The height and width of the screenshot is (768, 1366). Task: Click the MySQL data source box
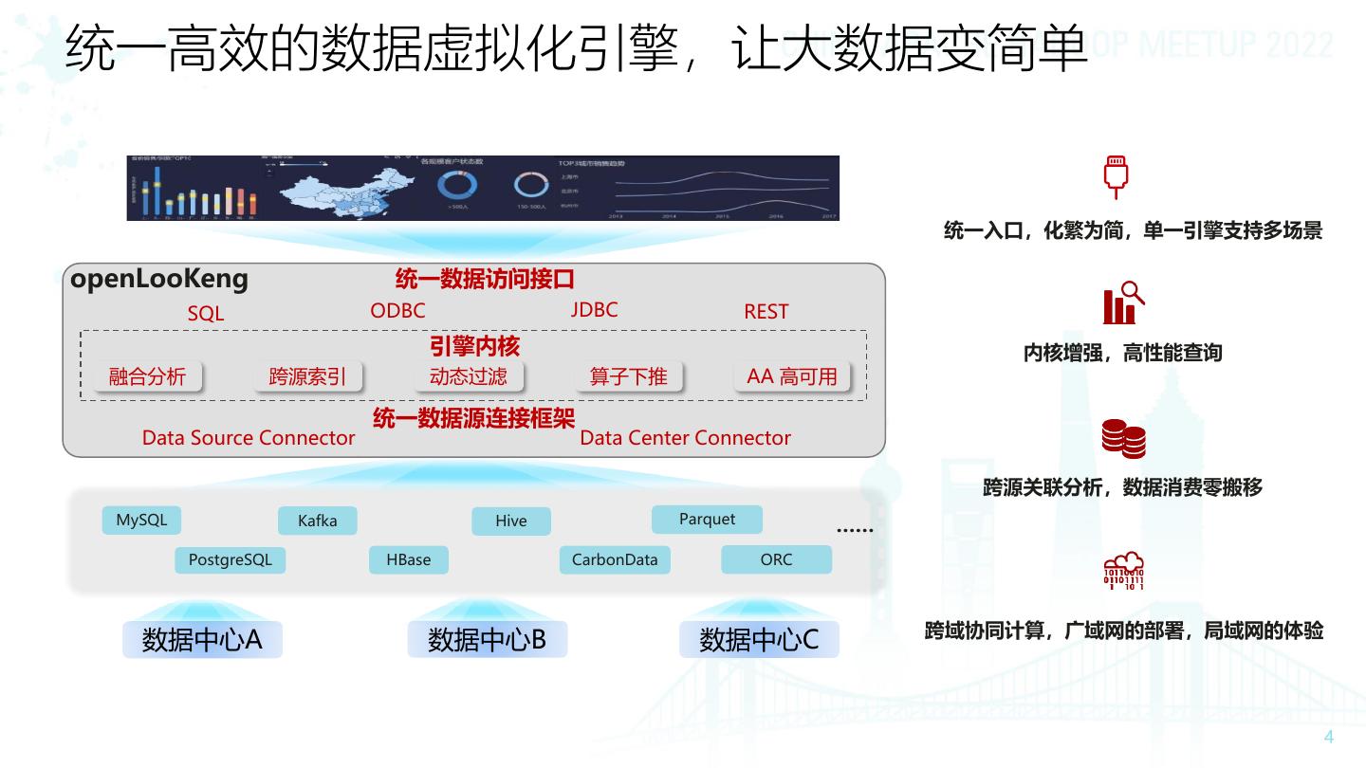click(141, 521)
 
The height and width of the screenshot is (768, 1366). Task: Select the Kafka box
click(317, 521)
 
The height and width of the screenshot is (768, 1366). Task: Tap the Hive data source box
click(510, 521)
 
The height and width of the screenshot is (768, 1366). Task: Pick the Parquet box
click(707, 520)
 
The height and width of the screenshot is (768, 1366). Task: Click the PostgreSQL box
click(230, 560)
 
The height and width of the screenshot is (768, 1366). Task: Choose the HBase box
click(408, 560)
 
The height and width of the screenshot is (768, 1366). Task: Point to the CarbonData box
click(614, 560)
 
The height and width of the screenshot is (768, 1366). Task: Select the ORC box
click(776, 560)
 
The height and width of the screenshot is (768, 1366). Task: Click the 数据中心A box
click(202, 640)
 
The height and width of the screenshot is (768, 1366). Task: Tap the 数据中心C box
click(759, 640)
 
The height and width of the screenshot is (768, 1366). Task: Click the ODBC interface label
click(397, 311)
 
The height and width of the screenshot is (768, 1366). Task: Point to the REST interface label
click(766, 312)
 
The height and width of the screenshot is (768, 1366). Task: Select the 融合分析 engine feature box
click(147, 376)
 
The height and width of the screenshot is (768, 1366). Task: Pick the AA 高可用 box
click(792, 376)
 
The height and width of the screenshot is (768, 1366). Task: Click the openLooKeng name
click(159, 279)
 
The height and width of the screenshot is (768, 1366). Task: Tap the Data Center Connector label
click(685, 438)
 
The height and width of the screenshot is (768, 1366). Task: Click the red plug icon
click(1116, 177)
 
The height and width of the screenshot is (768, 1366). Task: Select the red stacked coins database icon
click(1123, 439)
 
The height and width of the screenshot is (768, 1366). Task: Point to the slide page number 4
click(1329, 738)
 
